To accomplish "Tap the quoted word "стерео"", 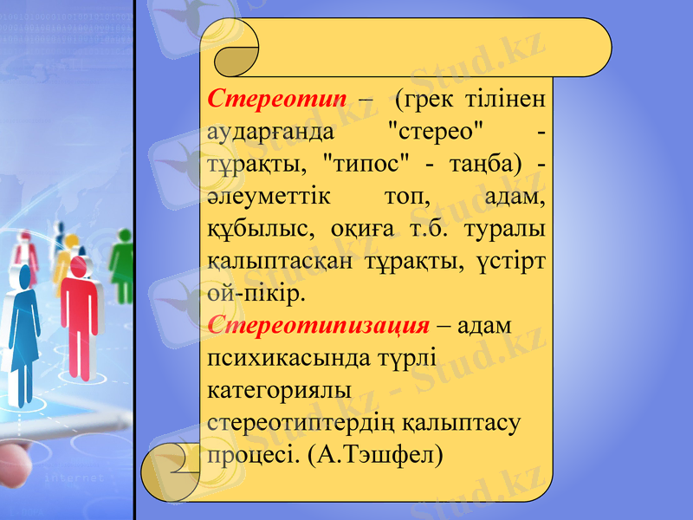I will (433, 132).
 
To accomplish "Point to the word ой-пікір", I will (256, 294).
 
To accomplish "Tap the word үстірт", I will (510, 262).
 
